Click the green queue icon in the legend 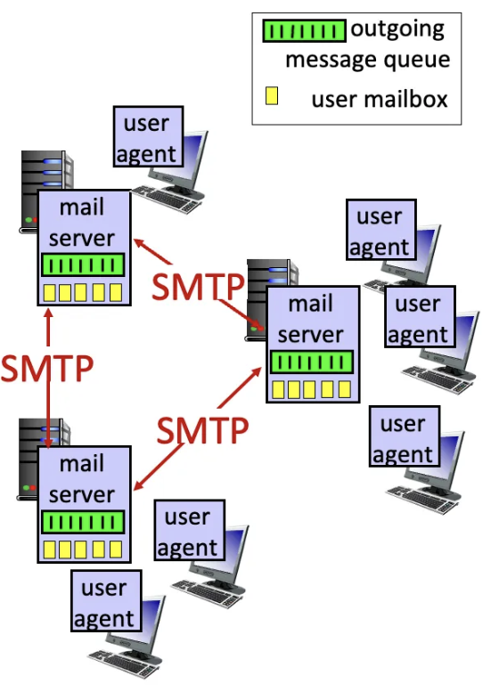coord(303,31)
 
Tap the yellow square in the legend coord(272,96)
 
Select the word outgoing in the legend coord(397,29)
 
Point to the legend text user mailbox coord(380,98)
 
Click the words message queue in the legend coord(367,61)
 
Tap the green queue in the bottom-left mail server coord(83,523)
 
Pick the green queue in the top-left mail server coord(83,265)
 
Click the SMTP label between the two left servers coord(46,368)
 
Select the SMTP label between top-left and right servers coord(197,287)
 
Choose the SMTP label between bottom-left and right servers coord(201,430)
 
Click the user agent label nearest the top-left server coord(147,138)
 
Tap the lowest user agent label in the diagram coord(104,603)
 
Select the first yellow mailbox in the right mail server coord(281,389)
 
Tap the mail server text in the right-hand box coord(311,319)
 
